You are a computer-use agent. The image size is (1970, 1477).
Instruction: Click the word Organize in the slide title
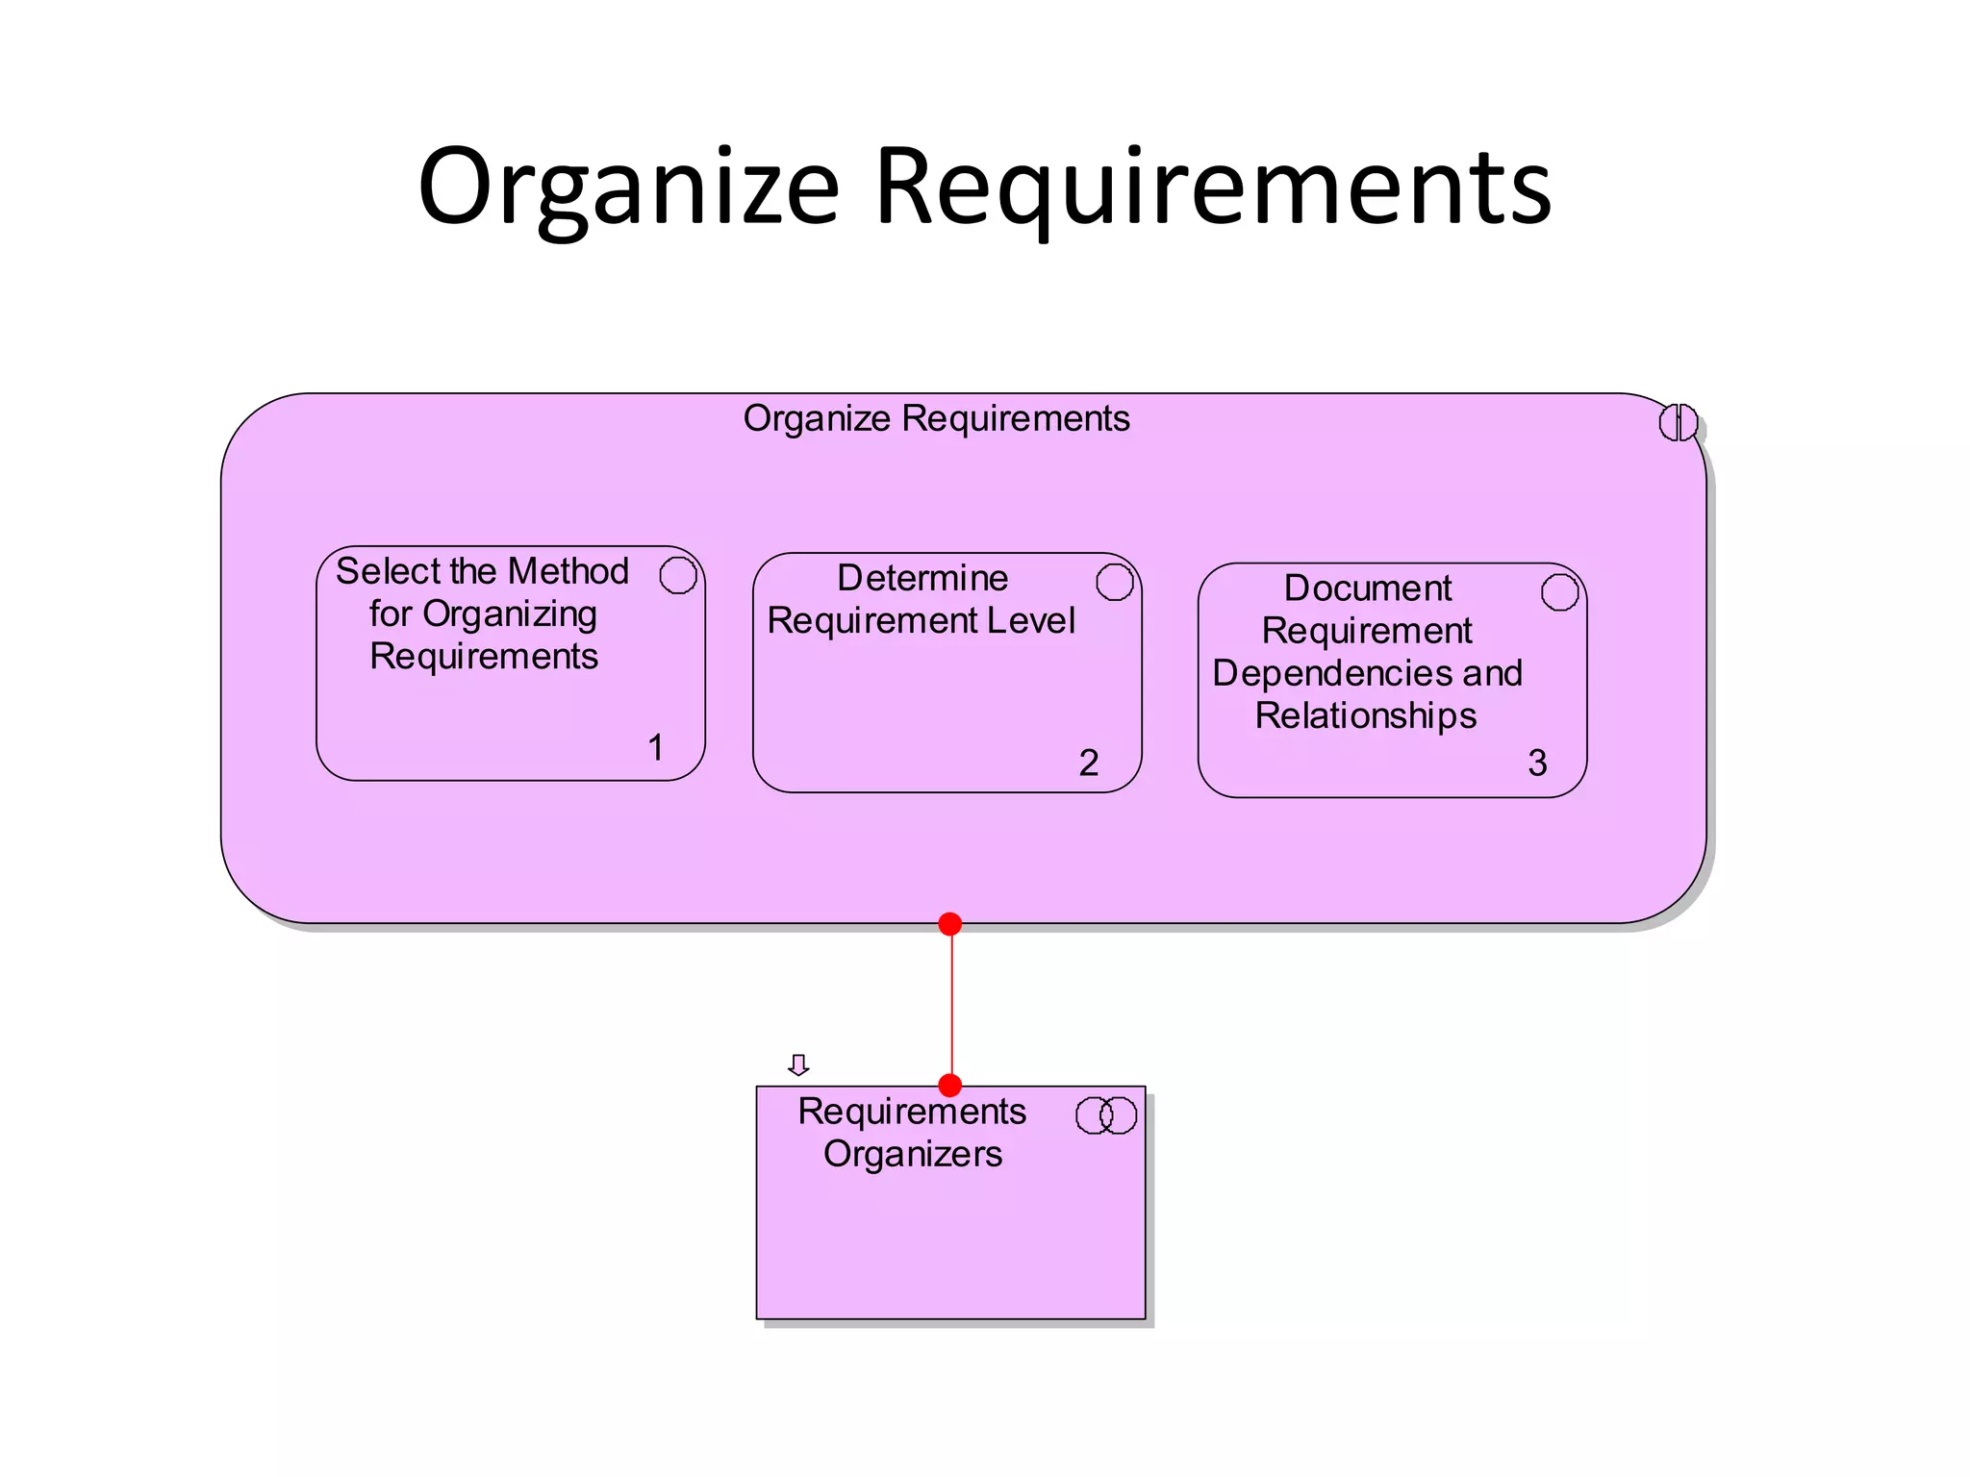pyautogui.click(x=629, y=188)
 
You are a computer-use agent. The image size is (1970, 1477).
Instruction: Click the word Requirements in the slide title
pyautogui.click(x=1213, y=188)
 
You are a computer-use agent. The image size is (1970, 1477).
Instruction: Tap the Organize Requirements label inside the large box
pyautogui.click(x=936, y=419)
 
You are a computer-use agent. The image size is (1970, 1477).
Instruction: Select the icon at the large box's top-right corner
pyautogui.click(x=1679, y=422)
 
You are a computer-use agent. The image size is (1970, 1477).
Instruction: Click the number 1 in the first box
pyautogui.click(x=656, y=747)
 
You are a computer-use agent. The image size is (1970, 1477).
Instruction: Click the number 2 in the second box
pyautogui.click(x=1088, y=763)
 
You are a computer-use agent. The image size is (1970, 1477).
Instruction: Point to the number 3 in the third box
pyautogui.click(x=1537, y=763)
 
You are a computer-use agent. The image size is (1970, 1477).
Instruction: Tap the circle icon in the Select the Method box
pyautogui.click(x=678, y=575)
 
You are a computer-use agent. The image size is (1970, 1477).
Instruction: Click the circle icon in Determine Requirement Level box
pyautogui.click(x=1115, y=582)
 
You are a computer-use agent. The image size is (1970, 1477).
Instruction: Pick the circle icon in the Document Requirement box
pyautogui.click(x=1559, y=591)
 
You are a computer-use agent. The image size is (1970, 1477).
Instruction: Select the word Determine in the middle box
pyautogui.click(x=922, y=578)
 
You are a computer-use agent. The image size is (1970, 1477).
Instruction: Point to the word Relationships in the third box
pyautogui.click(x=1365, y=715)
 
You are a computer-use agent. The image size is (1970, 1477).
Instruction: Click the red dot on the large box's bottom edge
pyautogui.click(x=949, y=924)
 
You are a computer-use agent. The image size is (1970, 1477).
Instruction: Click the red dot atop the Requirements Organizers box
pyautogui.click(x=949, y=1085)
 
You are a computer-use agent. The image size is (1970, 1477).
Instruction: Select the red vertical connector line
pyautogui.click(x=951, y=1005)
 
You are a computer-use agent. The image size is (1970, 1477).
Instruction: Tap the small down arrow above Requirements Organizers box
pyautogui.click(x=798, y=1064)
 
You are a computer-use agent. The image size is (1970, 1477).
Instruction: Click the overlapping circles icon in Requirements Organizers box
pyautogui.click(x=1106, y=1115)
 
